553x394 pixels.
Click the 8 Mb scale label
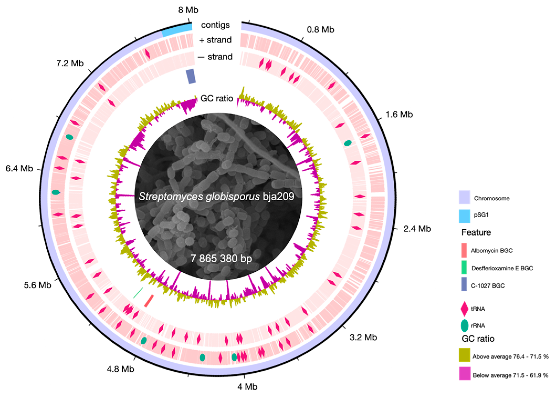[188, 10]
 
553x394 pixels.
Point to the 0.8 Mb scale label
[320, 29]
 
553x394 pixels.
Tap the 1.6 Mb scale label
[399, 114]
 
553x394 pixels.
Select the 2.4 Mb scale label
[417, 229]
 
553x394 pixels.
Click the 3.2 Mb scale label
[363, 337]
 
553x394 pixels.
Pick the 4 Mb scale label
[247, 387]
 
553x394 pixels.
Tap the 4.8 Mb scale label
[120, 369]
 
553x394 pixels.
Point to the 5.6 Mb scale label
[38, 285]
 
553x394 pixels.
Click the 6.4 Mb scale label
[19, 168]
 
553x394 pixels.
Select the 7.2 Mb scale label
[70, 63]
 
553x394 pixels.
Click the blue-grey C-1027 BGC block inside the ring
[191, 76]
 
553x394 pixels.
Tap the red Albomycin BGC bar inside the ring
[149, 301]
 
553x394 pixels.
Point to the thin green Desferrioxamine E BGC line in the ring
[138, 293]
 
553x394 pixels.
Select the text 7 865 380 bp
[221, 259]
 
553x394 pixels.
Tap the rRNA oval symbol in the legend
[465, 325]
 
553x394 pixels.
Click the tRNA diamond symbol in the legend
[465, 309]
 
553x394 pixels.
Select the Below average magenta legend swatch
[465, 373]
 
